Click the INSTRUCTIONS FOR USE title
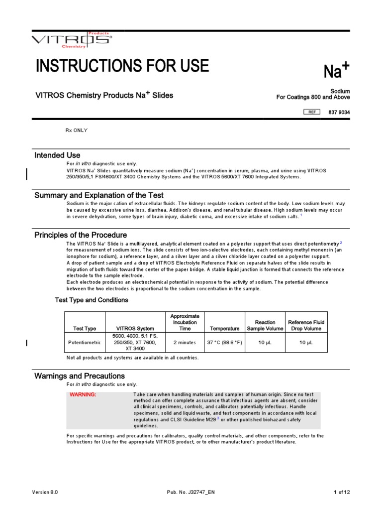click(x=122, y=66)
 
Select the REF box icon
click(x=312, y=112)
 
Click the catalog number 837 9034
click(x=339, y=112)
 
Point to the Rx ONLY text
click(x=77, y=130)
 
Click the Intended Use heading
click(x=57, y=155)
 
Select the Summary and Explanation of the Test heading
click(x=99, y=195)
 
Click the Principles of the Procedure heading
click(x=81, y=235)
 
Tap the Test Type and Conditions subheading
click(x=91, y=300)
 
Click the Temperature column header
click(x=224, y=329)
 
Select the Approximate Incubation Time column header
click(x=185, y=322)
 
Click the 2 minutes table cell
click(x=185, y=343)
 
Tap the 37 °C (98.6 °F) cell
click(x=224, y=343)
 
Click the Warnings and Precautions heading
click(x=80, y=376)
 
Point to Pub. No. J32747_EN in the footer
click(x=191, y=492)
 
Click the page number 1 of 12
click(x=341, y=492)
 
